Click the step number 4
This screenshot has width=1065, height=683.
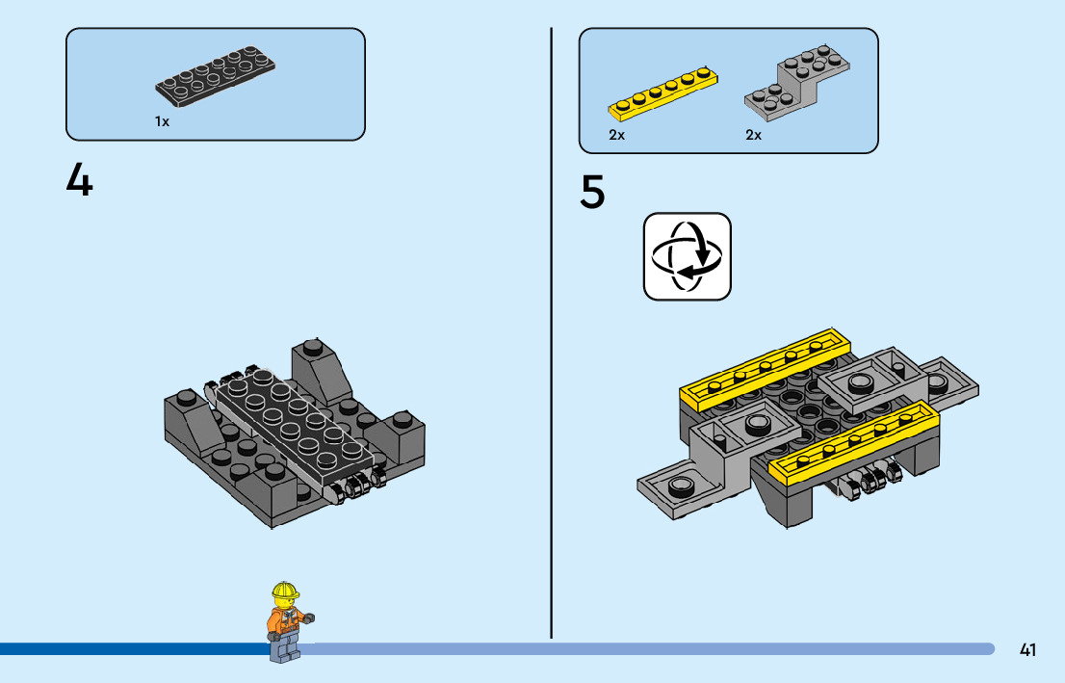click(79, 179)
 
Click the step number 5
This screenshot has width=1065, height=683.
click(592, 192)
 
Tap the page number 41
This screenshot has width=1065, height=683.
click(1027, 650)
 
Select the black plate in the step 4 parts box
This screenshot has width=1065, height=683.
click(216, 78)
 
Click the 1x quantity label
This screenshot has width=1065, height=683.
click(162, 122)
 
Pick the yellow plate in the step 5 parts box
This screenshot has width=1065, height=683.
click(663, 91)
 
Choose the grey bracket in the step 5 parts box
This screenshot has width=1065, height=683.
click(799, 79)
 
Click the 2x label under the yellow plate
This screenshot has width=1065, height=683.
click(616, 136)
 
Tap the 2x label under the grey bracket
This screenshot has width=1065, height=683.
click(753, 136)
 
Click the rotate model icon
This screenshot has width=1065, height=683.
click(687, 256)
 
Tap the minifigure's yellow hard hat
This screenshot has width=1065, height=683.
click(285, 591)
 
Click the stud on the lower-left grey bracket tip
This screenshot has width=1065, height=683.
click(682, 485)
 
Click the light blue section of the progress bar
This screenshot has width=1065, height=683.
click(645, 649)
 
